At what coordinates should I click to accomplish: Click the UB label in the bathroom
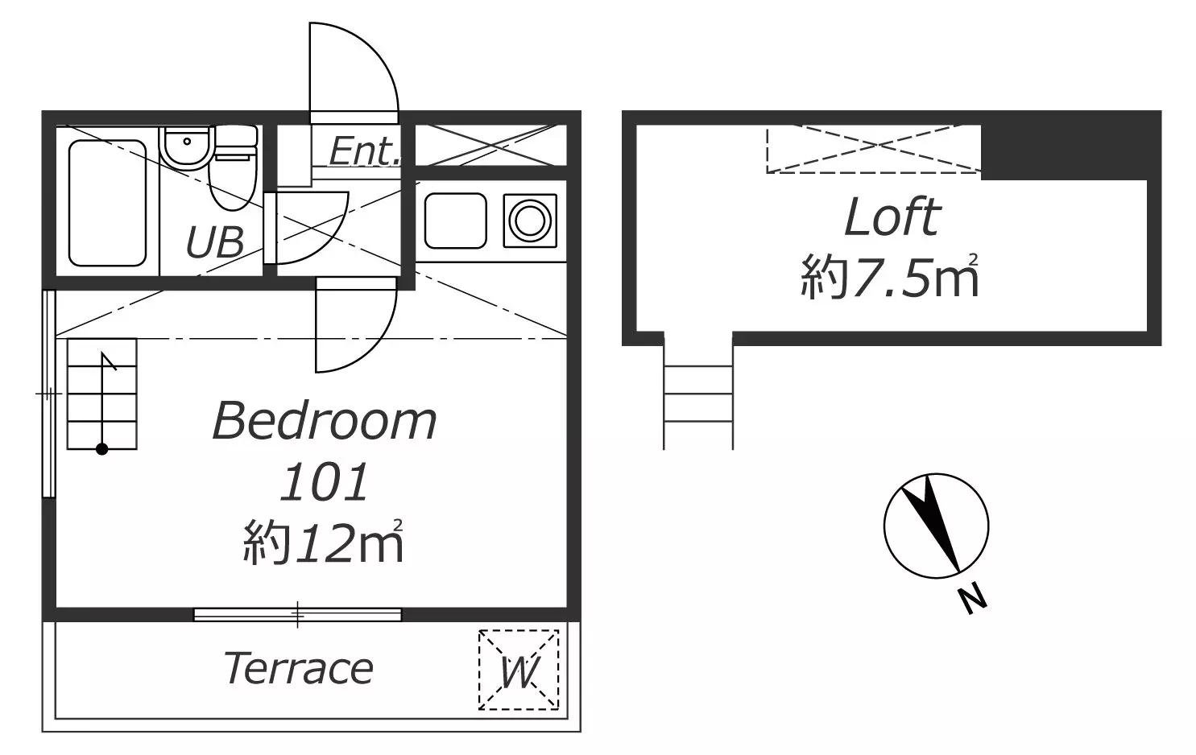click(x=215, y=241)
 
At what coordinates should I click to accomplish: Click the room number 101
click(x=324, y=482)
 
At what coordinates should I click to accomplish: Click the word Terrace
click(x=299, y=668)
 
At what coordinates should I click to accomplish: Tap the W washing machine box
click(x=519, y=670)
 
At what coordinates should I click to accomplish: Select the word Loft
click(x=892, y=217)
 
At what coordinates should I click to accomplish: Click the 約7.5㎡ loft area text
click(x=889, y=276)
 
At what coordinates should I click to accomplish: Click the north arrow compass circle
click(x=884, y=526)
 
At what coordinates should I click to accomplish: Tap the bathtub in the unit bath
click(x=107, y=203)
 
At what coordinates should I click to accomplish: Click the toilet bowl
click(x=233, y=180)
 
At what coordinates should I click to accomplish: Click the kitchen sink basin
click(x=455, y=221)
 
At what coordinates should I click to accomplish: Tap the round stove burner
click(x=530, y=221)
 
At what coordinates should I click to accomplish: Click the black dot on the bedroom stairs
click(x=102, y=449)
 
